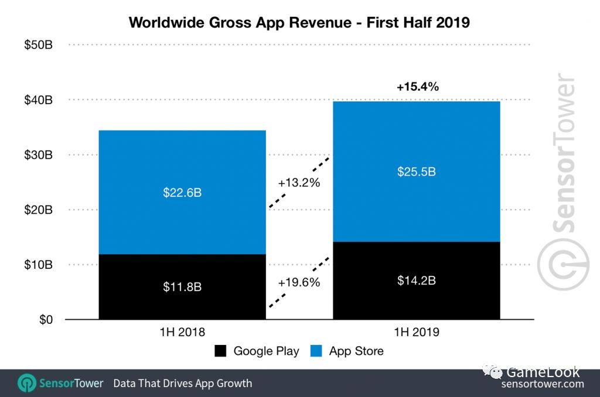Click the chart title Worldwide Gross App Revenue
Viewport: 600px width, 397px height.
299,22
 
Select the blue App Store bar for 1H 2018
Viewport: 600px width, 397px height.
182,192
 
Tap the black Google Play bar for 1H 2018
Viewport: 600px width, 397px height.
182,287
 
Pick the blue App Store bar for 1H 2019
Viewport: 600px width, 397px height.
416,172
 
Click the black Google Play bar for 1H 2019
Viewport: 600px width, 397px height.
416,280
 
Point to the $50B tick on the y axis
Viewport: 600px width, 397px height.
38,45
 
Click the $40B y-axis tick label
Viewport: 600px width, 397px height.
38,100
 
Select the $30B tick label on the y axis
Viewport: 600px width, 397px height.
38,155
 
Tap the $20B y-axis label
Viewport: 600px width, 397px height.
38,210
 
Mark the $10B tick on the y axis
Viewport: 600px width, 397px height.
38,265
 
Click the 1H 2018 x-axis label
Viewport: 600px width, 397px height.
182,333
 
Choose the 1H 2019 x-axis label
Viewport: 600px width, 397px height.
416,333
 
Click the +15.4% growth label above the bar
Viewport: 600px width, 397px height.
417,87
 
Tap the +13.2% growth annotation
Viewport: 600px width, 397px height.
299,183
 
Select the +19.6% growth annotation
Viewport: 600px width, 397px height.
299,282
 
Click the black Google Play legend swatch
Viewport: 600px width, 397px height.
220,351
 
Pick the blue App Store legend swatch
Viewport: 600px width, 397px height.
316,351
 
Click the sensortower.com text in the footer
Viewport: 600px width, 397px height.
543,384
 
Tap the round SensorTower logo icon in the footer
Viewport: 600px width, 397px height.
26,384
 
